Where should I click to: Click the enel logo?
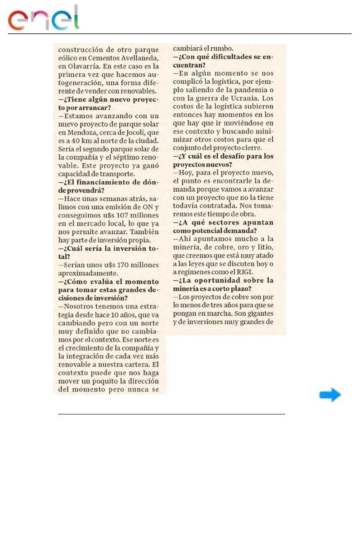[x=43, y=19]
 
